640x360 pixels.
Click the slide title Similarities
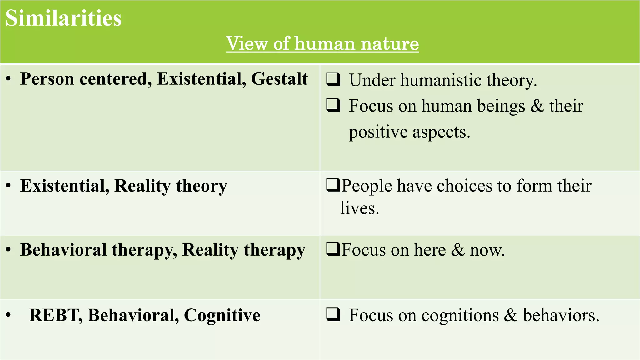pyautogui.click(x=63, y=18)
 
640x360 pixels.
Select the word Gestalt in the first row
pyautogui.click(x=279, y=79)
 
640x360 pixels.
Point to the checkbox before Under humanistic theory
pyautogui.click(x=333, y=79)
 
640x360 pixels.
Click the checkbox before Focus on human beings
pyautogui.click(x=333, y=105)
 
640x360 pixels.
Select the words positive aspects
pyautogui.click(x=409, y=132)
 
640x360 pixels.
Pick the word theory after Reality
pyautogui.click(x=202, y=186)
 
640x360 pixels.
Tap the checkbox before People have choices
pyautogui.click(x=333, y=185)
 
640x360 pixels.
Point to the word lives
pyautogui.click(x=359, y=208)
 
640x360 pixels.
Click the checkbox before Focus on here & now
pyautogui.click(x=333, y=249)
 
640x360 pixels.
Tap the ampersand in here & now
pyautogui.click(x=458, y=250)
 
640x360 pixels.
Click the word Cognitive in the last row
pyautogui.click(x=222, y=315)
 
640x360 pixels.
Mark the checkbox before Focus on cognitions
pyautogui.click(x=333, y=314)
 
